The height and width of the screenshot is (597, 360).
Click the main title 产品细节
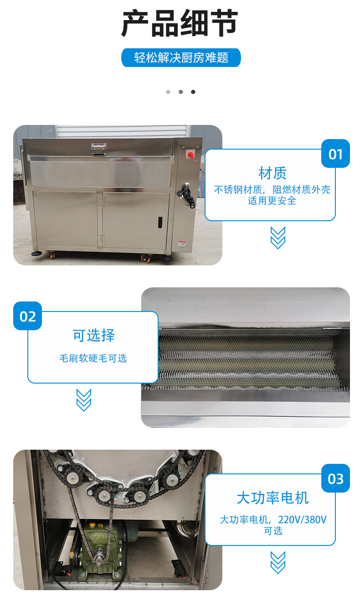(180, 23)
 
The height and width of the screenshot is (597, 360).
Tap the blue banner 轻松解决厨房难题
(181, 57)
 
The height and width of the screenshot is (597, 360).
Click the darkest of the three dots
(193, 92)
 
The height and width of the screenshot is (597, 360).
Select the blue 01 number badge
(335, 154)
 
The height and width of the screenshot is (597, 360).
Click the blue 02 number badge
(27, 316)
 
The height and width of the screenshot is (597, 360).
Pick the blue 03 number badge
(335, 478)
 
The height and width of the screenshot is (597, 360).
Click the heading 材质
(273, 173)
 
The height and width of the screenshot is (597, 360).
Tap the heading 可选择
(94, 335)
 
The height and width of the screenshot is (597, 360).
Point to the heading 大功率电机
(273, 498)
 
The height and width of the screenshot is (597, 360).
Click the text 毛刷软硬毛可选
(93, 358)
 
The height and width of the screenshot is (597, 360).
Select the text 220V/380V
(302, 519)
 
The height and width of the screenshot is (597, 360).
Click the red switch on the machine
(190, 155)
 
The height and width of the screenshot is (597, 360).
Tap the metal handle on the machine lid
(99, 149)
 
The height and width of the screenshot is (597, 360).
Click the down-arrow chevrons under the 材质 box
(278, 238)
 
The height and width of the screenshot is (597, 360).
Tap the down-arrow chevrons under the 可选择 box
(84, 400)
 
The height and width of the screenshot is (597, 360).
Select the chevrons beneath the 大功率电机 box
(278, 562)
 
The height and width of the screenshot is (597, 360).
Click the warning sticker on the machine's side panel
(182, 244)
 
